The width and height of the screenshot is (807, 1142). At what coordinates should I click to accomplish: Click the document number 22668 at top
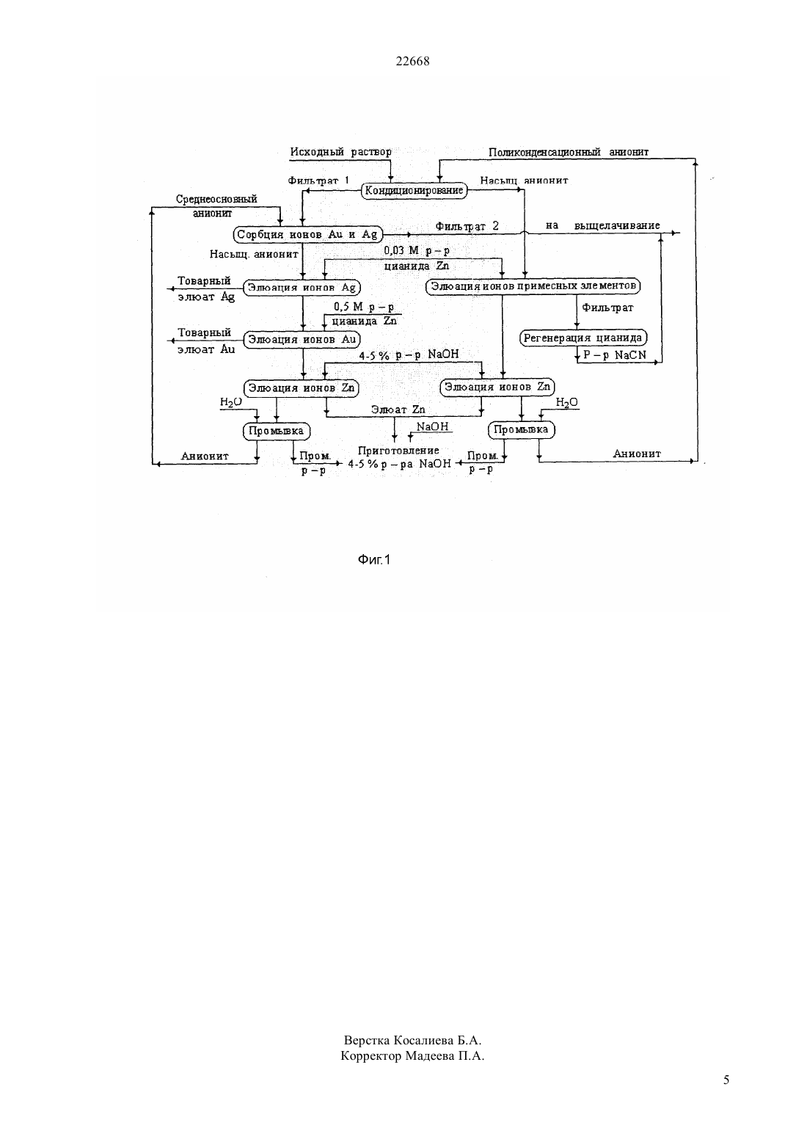[412, 61]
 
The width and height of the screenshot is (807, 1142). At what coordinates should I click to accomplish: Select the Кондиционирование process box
[415, 191]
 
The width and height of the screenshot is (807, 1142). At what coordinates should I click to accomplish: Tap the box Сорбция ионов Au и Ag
[307, 235]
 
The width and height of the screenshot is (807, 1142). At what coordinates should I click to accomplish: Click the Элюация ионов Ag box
[302, 288]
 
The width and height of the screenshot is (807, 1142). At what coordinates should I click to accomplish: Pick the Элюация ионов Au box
[302, 340]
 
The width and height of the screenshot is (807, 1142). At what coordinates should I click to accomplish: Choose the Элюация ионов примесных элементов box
[533, 286]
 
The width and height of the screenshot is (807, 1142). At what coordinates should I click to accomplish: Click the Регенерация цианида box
[583, 338]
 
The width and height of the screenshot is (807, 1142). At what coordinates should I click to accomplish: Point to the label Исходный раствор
[341, 152]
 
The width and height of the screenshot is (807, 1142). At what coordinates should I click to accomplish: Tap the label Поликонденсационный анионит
[569, 152]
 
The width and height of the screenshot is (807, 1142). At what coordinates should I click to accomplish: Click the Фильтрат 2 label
[467, 226]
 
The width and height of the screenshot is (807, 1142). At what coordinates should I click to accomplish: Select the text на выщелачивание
[603, 225]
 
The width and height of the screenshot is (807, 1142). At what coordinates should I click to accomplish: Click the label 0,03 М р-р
[417, 251]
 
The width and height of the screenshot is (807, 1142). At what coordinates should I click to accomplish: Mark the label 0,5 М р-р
[364, 307]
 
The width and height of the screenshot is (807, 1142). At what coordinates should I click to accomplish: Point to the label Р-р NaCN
[615, 355]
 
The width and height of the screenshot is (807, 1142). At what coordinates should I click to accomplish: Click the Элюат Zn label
[398, 410]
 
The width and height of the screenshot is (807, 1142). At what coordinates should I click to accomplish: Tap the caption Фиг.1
[374, 560]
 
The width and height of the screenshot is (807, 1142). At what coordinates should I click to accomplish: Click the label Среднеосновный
[216, 200]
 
